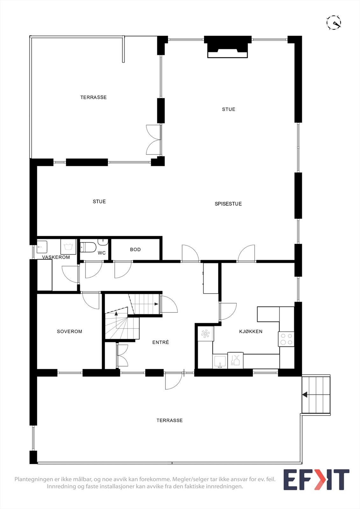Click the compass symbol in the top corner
[334, 23]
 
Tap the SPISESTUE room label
[228, 204]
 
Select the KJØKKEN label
[251, 331]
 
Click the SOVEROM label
[69, 331]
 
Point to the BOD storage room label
[135, 249]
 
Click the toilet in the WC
[88, 247]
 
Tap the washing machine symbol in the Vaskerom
[68, 247]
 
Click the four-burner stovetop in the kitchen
[286, 339]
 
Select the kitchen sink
[220, 361]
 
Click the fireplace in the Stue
[228, 47]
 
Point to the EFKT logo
[316, 479]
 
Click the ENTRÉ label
[160, 342]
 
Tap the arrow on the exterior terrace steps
[305, 395]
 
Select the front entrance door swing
[173, 381]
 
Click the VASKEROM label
[56, 257]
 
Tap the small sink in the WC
[102, 242]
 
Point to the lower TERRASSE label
[169, 421]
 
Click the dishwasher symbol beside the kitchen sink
[236, 360]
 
